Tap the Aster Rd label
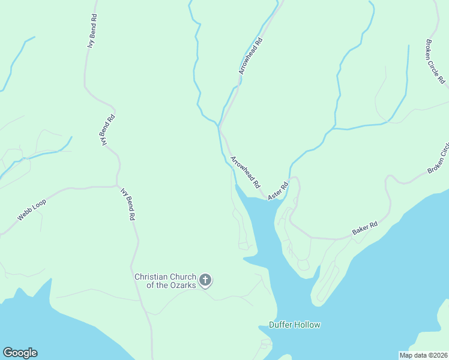pos(278,190)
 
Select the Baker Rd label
pos(364,227)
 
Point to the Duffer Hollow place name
pos(294,325)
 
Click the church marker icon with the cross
pos(205,280)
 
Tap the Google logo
pos(20,353)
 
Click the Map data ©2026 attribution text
pos(423,355)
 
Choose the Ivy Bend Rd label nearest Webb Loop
pos(127,205)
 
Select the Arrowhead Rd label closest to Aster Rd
pos(245,171)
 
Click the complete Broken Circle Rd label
pos(435,61)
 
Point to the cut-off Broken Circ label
pos(438,158)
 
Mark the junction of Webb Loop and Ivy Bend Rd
pos(118,186)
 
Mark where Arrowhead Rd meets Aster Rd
pos(267,197)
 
